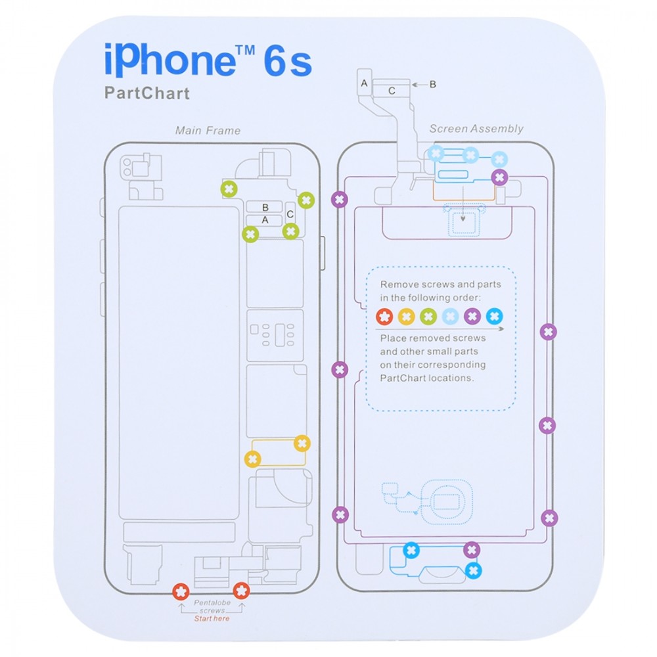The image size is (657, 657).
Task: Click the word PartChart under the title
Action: (147, 93)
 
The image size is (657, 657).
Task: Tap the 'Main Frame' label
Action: (208, 131)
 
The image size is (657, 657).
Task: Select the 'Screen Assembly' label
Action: (476, 129)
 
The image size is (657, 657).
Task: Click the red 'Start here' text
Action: (212, 618)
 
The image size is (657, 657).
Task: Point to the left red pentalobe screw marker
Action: (181, 592)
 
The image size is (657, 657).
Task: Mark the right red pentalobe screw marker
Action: (241, 591)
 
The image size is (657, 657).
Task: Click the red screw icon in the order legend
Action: (384, 317)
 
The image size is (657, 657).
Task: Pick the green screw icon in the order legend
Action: (428, 317)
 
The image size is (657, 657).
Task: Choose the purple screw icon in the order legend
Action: (472, 317)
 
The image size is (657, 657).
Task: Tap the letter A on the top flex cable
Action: (364, 83)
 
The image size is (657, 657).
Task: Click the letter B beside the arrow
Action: (433, 84)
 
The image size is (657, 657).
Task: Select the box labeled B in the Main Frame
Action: (264, 207)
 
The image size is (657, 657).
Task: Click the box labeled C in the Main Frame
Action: (290, 215)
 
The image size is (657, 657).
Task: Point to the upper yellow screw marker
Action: (302, 443)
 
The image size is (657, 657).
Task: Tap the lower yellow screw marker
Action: (253, 459)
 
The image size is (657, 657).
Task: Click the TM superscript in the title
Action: (245, 51)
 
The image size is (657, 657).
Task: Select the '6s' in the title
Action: (288, 62)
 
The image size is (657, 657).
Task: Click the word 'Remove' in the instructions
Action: (399, 284)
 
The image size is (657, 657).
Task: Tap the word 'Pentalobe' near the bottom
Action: (212, 602)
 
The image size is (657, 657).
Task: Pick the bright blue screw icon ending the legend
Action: (495, 317)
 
